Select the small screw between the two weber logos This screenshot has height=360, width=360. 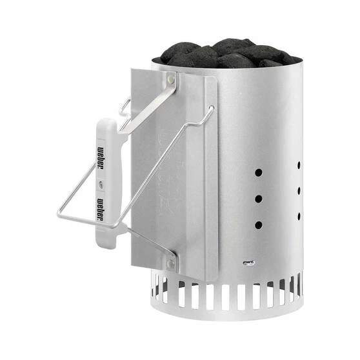100,183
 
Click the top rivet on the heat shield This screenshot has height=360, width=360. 171,78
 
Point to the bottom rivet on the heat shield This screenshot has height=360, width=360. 171,263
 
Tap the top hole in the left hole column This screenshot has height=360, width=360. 258,173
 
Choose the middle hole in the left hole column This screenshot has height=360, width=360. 258,199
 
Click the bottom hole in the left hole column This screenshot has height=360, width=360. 258,225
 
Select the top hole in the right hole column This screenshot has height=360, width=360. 299,165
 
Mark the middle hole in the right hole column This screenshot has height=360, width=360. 299,190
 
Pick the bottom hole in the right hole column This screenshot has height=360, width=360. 299,215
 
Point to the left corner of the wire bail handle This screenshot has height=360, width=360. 59,214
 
